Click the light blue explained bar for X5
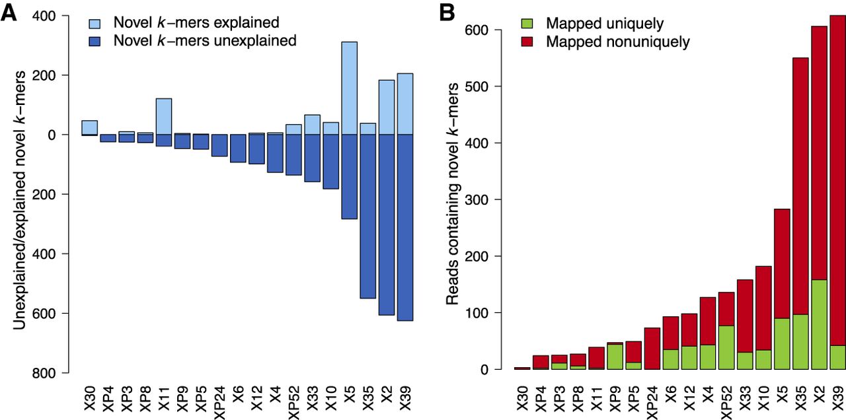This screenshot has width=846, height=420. point(350,88)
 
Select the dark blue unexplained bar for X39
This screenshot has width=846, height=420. point(405,228)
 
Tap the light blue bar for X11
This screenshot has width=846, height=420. point(164,117)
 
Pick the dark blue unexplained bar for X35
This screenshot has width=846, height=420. point(368,216)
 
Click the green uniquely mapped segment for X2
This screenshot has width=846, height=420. point(819,324)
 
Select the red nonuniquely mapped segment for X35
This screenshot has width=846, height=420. point(800,186)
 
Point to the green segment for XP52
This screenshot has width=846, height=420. point(726,347)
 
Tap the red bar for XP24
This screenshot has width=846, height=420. point(652,349)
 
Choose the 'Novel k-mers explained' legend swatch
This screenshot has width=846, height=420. point(95,23)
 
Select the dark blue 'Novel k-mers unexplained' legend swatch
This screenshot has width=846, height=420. point(95,41)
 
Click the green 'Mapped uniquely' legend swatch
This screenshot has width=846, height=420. point(527,24)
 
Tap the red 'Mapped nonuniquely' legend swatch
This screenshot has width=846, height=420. point(527,42)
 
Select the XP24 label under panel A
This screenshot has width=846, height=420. point(220,402)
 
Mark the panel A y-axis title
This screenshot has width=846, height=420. point(19,200)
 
